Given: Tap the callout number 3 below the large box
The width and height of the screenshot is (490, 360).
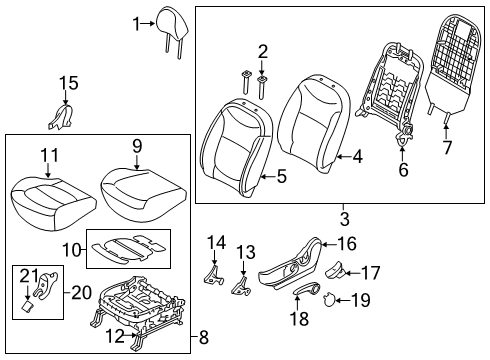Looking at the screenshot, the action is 345,219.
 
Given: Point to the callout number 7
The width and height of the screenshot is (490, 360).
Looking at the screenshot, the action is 447,147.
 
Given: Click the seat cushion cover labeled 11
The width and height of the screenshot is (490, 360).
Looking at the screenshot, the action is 52,204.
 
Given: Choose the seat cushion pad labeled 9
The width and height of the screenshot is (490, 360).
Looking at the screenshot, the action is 142,194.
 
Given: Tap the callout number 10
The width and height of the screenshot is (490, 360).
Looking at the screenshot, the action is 72,249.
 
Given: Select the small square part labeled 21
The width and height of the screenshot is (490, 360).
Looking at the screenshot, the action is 27,305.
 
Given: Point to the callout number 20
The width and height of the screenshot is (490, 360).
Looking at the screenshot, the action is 81,293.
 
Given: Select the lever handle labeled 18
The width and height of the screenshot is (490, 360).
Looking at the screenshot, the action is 307,288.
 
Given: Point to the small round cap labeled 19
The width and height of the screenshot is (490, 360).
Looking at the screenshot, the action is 329,298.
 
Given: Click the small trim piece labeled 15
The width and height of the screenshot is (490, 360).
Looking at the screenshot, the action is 62,117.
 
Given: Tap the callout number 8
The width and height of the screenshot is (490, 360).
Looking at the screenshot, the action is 203,337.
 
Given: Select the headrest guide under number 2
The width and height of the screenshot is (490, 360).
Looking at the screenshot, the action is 262,87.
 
